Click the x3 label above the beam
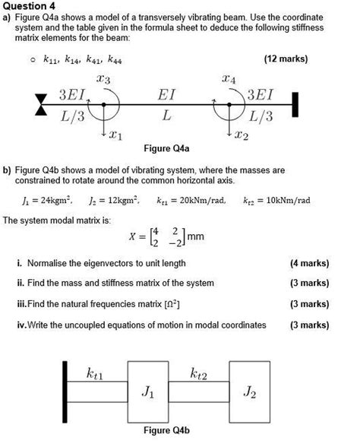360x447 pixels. coord(103,80)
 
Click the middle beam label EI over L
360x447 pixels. coord(166,106)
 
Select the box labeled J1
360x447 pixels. coord(149,392)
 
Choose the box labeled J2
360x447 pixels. coord(250,392)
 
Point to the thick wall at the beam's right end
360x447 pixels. coord(294,104)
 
